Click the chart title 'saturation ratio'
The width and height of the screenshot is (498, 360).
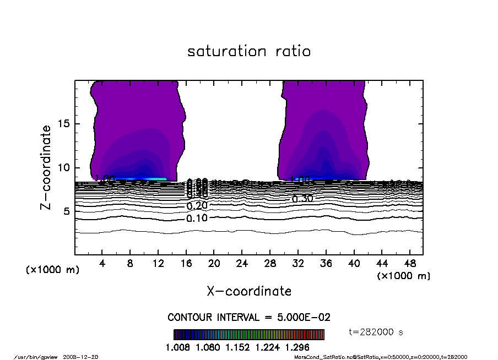point(249,52)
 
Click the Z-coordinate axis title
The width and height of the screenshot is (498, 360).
point(46,167)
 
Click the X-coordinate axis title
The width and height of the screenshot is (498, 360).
point(249,291)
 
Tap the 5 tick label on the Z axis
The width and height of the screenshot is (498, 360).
point(67,212)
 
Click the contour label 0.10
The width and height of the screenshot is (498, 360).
point(197,219)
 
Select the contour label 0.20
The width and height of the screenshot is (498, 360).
point(197,206)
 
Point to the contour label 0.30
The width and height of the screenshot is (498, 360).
point(302,199)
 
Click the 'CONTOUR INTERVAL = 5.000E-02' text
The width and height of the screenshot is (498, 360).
point(248,318)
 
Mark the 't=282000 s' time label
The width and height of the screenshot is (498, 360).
point(377,332)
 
